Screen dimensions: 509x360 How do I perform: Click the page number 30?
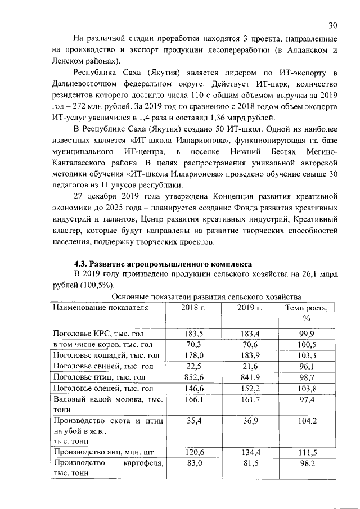click(333, 25)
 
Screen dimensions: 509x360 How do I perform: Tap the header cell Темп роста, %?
click(307, 313)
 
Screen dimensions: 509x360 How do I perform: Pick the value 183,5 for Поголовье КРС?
click(193, 334)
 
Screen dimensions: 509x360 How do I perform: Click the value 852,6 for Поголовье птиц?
click(193, 377)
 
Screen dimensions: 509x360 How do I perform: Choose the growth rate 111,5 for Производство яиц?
click(307, 452)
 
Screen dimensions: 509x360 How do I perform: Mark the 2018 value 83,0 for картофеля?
click(193, 462)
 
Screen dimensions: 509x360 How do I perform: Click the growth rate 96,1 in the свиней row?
click(307, 366)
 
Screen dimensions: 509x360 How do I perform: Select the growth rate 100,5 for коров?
click(307, 344)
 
